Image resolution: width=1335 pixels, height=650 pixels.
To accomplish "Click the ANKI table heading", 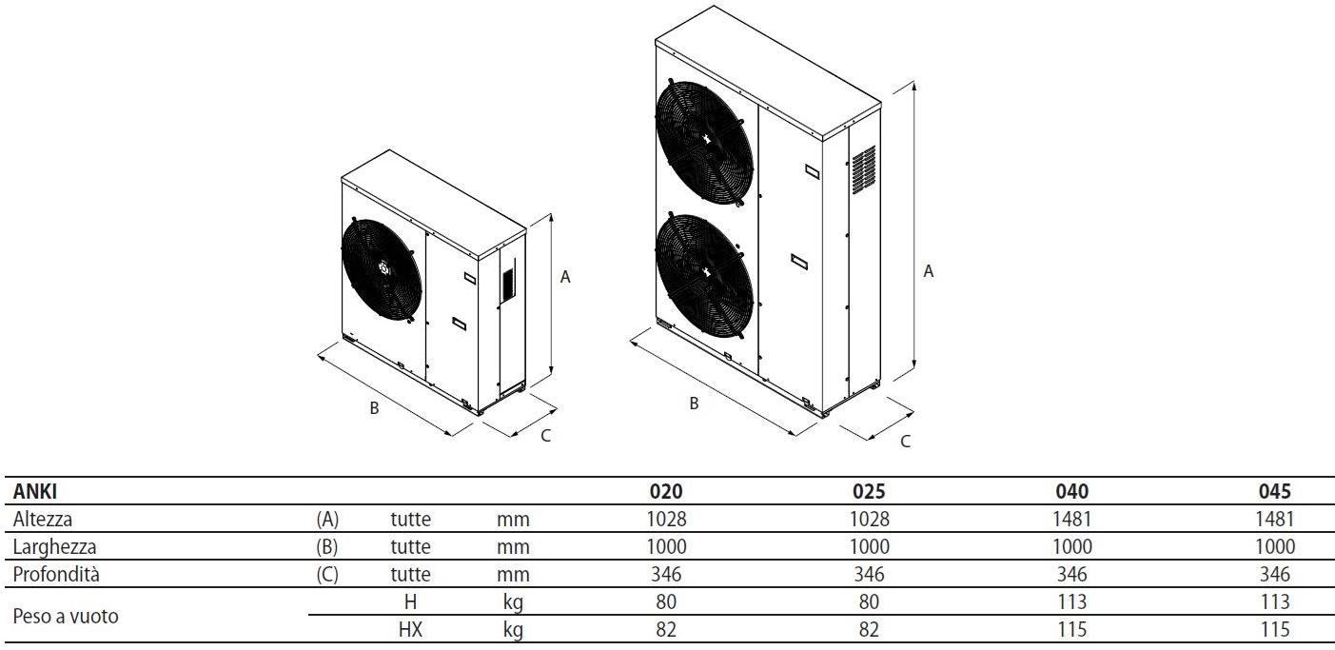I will coord(35,492).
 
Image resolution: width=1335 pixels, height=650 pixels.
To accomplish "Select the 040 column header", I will coord(1072,492).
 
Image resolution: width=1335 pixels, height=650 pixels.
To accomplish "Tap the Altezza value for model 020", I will coord(666,520).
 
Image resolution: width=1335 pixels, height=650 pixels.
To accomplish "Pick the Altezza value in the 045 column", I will coord(1275,520).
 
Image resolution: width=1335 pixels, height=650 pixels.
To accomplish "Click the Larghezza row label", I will coord(55,547).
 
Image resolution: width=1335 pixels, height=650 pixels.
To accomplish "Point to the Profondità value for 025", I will coord(870,575).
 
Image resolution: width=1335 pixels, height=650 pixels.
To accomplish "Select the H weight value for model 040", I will coord(1072,601).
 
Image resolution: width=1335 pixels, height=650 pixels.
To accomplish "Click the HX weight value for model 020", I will coord(666,629).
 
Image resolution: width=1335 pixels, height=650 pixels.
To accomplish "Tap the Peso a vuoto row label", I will coord(66,616).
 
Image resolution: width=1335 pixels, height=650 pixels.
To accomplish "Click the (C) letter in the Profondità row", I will coord(327,575).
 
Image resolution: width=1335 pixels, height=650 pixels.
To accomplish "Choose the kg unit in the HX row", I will coord(513,629).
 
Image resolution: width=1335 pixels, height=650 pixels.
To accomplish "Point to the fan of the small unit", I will coord(381,270).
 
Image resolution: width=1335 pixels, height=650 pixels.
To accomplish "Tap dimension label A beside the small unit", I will coord(565,277).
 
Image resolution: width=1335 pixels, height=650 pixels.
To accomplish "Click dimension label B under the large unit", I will coord(694,404).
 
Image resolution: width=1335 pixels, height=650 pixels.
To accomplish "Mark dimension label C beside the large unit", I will coord(905,441).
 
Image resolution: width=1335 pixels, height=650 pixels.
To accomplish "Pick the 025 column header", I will coord(870,492).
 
